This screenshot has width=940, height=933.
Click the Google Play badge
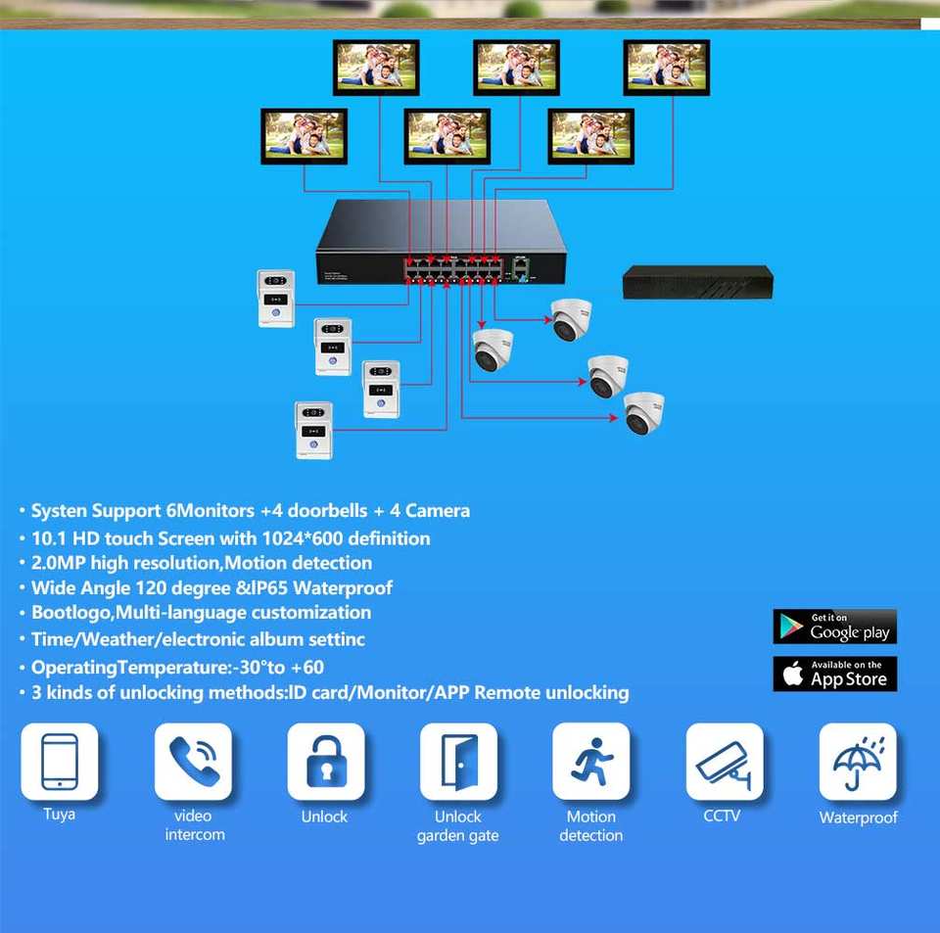pyautogui.click(x=834, y=627)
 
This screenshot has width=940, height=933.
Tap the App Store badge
pyautogui.click(x=834, y=674)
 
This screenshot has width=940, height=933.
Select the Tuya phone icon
pyautogui.click(x=59, y=762)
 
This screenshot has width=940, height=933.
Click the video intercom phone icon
pyautogui.click(x=193, y=762)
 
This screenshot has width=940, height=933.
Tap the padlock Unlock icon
pyautogui.click(x=325, y=762)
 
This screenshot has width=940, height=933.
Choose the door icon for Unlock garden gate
pyautogui.click(x=458, y=762)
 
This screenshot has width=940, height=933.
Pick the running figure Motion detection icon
pyautogui.click(x=590, y=762)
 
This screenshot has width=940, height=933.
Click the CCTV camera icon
pyautogui.click(x=724, y=762)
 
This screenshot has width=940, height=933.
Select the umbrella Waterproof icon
pyautogui.click(x=857, y=762)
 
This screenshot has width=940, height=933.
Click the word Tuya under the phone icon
pyautogui.click(x=59, y=814)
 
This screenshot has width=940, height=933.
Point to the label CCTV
pyautogui.click(x=723, y=815)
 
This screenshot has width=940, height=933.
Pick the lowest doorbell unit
pyautogui.click(x=313, y=430)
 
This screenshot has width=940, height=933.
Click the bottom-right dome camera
pyautogui.click(x=643, y=412)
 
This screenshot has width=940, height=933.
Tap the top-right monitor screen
pyautogui.click(x=666, y=67)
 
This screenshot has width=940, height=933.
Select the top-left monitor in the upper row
pyautogui.click(x=376, y=67)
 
